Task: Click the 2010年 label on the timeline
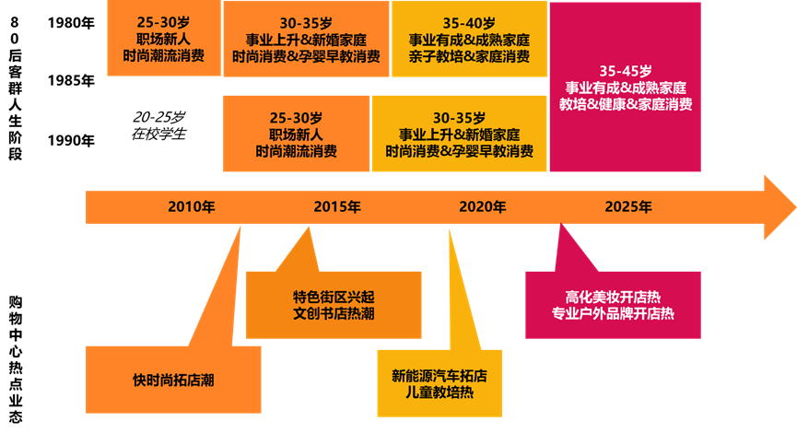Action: coord(191,206)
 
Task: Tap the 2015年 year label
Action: coord(336,206)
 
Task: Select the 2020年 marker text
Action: coord(482,206)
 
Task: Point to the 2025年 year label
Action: coord(628,206)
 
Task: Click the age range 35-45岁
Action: coord(626,70)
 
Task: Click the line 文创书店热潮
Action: coord(334,314)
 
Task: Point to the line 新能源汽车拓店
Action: coord(440,375)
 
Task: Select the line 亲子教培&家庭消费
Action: coord(469,57)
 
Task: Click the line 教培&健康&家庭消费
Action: coord(626,104)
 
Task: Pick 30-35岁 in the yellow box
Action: coord(459,118)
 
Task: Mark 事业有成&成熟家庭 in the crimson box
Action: coord(626,87)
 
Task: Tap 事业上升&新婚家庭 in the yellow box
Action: coord(459,135)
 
